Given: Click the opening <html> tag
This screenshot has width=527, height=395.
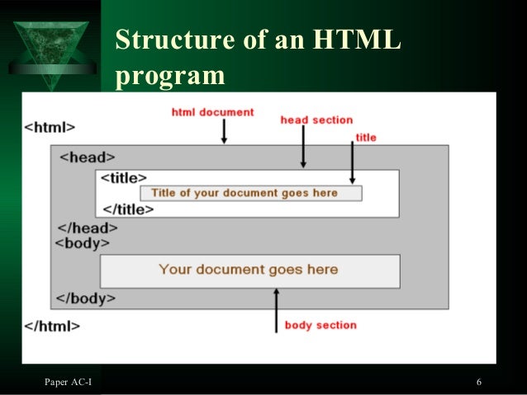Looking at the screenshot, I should click(50, 128).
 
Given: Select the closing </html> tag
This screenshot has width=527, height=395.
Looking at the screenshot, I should click(52, 326).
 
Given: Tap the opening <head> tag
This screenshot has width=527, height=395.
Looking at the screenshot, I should click(87, 157).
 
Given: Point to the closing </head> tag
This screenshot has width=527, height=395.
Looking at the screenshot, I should click(87, 228).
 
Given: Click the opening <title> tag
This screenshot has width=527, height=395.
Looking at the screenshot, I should click(123, 177).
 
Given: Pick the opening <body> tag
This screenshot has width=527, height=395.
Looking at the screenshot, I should click(82, 243).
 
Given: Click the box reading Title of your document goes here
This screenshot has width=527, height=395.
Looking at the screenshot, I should click(250, 193).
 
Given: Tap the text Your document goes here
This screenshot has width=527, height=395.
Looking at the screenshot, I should click(249, 270).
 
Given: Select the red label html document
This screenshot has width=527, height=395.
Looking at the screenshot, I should click(212, 112).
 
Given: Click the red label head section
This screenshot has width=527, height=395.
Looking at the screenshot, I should click(316, 120).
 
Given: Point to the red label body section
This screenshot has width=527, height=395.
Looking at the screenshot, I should click(320, 325).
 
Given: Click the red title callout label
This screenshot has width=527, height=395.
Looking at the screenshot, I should click(365, 137).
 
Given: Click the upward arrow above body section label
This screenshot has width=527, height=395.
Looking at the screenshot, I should click(277, 310).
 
